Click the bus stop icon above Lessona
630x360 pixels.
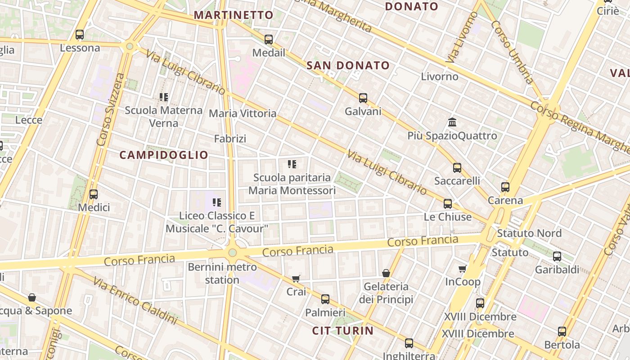point(80,34)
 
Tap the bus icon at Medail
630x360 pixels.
point(269,39)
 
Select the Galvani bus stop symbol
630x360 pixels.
point(363,98)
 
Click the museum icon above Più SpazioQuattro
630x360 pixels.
point(452,122)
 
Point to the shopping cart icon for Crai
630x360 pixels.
point(296,279)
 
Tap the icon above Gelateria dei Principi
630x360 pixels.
point(386,273)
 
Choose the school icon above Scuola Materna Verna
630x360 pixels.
point(164,97)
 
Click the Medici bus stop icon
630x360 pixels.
point(94,194)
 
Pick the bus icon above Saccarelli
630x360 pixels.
point(457,168)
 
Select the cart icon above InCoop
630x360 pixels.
point(462,269)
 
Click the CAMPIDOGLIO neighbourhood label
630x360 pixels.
point(164,155)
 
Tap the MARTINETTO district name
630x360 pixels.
point(234,15)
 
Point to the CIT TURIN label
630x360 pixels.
point(343,331)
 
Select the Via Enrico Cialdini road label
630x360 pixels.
point(135,301)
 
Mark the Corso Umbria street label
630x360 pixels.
point(512,52)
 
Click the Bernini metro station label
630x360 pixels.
point(222,273)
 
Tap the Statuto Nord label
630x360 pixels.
point(529,233)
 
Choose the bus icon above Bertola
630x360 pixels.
point(562,332)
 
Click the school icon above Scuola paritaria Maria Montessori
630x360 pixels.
point(292,164)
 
